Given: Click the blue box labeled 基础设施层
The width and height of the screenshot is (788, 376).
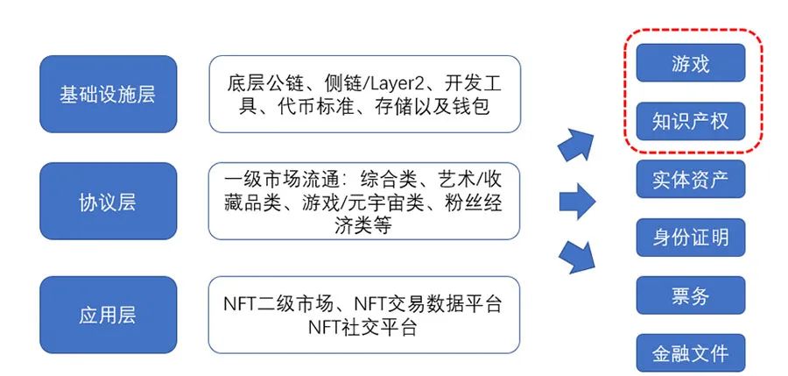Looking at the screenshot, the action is (x=108, y=94).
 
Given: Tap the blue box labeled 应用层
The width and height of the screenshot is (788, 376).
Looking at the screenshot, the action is (x=108, y=315).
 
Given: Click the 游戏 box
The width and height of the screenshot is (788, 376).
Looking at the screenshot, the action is (x=691, y=65).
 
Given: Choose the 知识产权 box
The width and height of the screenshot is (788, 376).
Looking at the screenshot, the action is (x=691, y=123).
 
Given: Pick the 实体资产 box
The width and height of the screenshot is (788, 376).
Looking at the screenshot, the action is (x=691, y=180).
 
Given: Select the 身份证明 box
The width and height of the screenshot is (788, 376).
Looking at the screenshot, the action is (x=691, y=238).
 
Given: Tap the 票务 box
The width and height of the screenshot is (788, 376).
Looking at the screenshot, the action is (x=691, y=295).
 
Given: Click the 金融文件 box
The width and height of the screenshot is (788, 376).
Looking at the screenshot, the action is (x=691, y=353).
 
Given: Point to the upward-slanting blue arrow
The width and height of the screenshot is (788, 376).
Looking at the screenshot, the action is (x=578, y=141).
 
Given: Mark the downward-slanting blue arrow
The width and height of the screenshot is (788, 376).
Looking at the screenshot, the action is (x=578, y=256).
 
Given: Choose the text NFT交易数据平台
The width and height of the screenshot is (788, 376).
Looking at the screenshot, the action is (x=428, y=303).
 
